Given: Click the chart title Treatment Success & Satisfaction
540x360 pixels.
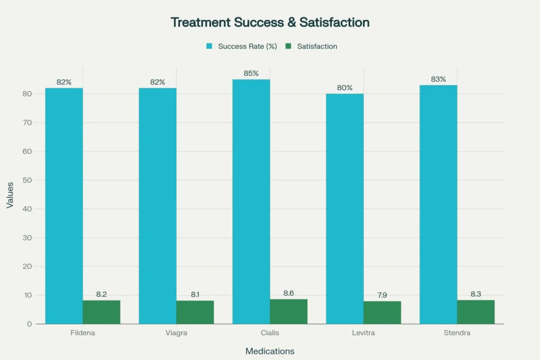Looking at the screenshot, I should (270, 22).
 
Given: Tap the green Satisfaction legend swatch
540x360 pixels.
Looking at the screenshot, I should (288, 47).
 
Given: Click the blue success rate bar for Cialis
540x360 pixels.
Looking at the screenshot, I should (251, 202).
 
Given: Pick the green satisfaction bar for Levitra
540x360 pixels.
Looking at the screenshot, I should (382, 312).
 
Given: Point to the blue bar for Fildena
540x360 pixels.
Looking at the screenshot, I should (64, 205).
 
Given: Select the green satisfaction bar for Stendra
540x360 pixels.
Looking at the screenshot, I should (475, 312).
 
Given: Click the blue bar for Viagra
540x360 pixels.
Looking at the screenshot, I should (157, 205).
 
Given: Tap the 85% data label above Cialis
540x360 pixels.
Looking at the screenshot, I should (251, 73).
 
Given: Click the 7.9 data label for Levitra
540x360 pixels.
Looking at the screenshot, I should (382, 295).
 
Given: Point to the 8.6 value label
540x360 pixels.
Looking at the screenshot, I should (289, 293).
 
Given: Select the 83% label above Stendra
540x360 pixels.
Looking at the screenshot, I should (438, 79).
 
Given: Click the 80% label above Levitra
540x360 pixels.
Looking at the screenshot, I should (344, 88).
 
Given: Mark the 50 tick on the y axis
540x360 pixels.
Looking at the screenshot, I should (27, 180).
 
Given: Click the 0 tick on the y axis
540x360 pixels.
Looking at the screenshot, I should (29, 324).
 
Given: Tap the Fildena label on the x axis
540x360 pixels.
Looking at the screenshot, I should (82, 333).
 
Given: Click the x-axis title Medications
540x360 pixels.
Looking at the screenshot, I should (269, 351).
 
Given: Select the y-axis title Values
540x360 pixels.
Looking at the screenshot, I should (10, 195).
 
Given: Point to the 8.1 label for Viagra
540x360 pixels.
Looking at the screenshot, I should (195, 294).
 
